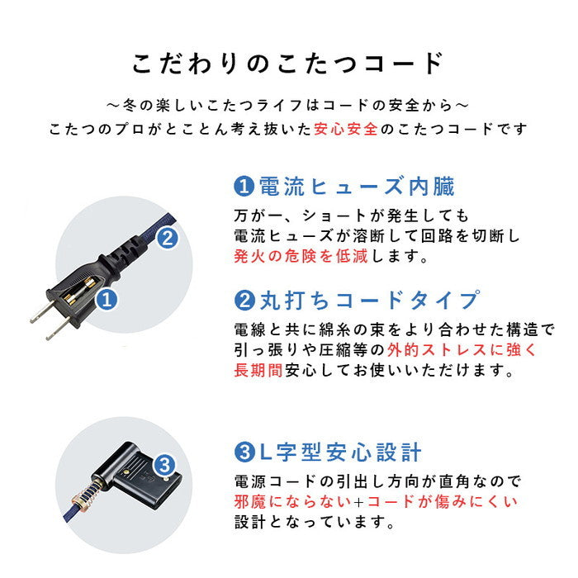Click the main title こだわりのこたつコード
pyautogui.click(x=288, y=64)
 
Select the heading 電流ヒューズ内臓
pyautogui.click(x=356, y=187)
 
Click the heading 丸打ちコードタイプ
pyautogui.click(x=367, y=299)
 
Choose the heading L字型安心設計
pyautogui.click(x=339, y=452)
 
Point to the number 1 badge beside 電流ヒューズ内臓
pyautogui.click(x=244, y=187)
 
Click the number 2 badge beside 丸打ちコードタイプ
pyautogui.click(x=244, y=299)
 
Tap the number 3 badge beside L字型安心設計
pyautogui.click(x=244, y=452)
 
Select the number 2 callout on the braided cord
pyautogui.click(x=167, y=239)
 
